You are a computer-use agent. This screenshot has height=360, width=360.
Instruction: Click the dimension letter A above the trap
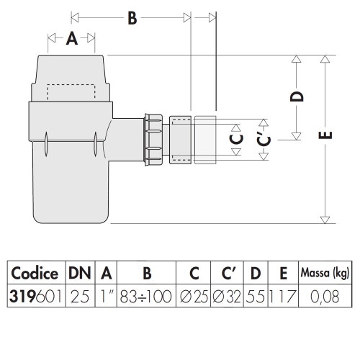[x=72, y=39]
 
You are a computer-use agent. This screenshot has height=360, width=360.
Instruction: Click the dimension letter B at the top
[x=132, y=18]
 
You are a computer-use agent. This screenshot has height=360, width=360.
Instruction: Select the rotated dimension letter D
[x=297, y=96]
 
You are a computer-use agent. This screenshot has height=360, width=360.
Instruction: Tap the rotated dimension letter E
[x=325, y=135]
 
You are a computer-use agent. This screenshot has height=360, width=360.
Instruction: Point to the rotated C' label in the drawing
[x=264, y=140]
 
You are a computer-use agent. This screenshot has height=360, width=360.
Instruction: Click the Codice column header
[x=35, y=274]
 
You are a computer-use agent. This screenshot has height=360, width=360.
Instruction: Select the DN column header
[x=80, y=273]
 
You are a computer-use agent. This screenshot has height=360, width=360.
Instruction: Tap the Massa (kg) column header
[x=325, y=273]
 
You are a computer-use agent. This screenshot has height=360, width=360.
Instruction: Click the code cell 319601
[x=35, y=297]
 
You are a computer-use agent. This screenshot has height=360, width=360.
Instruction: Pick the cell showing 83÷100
[x=146, y=297]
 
